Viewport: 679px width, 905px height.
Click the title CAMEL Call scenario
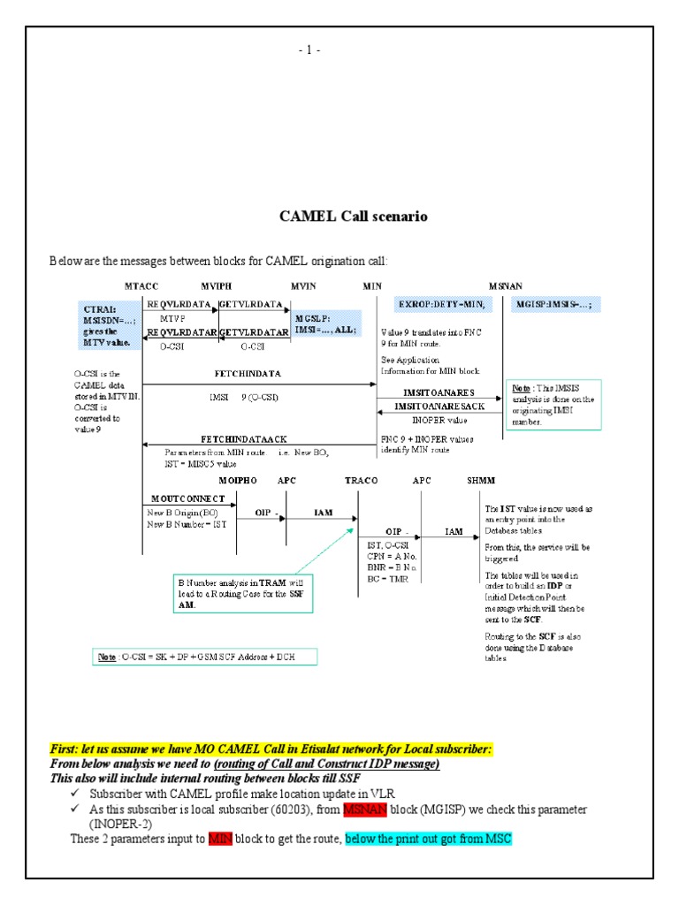click(x=354, y=217)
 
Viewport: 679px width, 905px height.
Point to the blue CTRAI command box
click(x=107, y=323)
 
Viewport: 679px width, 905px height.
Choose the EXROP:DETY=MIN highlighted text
click(x=439, y=304)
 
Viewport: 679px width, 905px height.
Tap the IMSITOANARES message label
click(x=439, y=392)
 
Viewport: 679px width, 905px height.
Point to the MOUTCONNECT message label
click(x=182, y=498)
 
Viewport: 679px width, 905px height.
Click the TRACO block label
click(x=361, y=480)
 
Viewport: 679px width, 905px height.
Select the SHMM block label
click(x=482, y=480)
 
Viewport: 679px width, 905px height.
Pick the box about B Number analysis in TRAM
click(x=240, y=593)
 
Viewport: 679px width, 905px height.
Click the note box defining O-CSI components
click(x=203, y=656)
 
